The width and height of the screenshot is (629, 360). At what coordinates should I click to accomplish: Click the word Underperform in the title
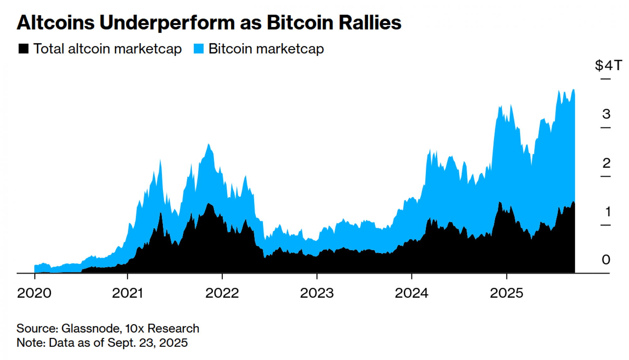click(167, 23)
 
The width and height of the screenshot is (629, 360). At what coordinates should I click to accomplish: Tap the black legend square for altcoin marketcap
click(24, 49)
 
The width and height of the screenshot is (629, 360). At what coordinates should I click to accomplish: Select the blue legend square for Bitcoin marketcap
click(198, 49)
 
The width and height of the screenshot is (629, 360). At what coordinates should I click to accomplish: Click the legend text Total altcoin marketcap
click(108, 49)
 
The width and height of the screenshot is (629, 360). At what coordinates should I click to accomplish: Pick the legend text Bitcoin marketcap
click(266, 49)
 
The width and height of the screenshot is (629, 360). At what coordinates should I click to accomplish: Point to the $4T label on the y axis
click(608, 65)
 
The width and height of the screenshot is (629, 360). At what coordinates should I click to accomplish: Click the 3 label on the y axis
click(606, 114)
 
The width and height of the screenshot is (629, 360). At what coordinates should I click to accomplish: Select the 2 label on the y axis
click(606, 163)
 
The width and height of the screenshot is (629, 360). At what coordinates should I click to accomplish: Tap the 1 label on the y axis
click(608, 212)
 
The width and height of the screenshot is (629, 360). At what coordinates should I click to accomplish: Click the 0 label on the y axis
click(606, 260)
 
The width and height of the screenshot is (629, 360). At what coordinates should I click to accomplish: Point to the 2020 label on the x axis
click(34, 293)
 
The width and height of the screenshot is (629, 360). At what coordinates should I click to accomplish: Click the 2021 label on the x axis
click(127, 293)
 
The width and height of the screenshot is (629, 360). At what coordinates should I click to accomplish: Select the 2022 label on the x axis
click(222, 293)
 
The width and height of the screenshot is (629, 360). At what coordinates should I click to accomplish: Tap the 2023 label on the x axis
click(317, 293)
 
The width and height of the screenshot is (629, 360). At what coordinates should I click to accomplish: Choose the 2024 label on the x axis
click(411, 293)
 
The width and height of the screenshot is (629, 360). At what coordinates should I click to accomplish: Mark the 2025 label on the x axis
click(506, 293)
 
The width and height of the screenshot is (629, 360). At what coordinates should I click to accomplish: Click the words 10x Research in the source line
click(162, 329)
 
